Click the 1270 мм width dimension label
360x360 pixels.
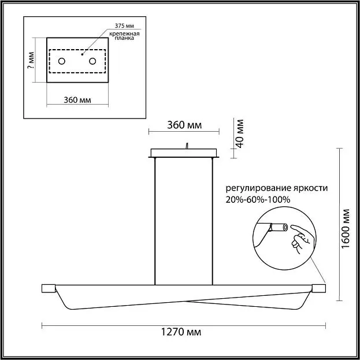pyautogui.click(x=181, y=332)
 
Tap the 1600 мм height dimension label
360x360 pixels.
pyautogui.click(x=346, y=228)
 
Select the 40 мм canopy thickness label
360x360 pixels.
pyautogui.click(x=240, y=133)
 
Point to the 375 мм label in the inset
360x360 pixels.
pyautogui.click(x=124, y=25)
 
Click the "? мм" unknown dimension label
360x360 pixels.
pyautogui.click(x=31, y=60)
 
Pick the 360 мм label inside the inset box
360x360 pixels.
pyautogui.click(x=77, y=100)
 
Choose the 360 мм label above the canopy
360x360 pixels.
pyautogui.click(x=184, y=125)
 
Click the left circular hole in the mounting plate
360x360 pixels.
pyautogui.click(x=61, y=61)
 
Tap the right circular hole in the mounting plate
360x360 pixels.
pyautogui.click(x=92, y=61)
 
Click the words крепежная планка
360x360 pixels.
pyautogui.click(x=124, y=36)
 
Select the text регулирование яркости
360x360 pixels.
pyautogui.click(x=277, y=188)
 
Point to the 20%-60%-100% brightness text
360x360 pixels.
pyautogui.click(x=258, y=199)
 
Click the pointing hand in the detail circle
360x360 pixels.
pyautogui.click(x=301, y=239)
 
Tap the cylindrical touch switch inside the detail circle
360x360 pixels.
pyautogui.click(x=279, y=228)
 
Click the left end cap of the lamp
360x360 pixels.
pyautogui.click(x=49, y=288)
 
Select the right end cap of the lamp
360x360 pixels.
pyautogui.click(x=318, y=288)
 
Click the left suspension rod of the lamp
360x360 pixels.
pyautogui.click(x=155, y=221)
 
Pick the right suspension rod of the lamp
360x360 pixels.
pyautogui.click(x=213, y=221)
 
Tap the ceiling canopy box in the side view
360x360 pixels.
pyautogui.click(x=184, y=153)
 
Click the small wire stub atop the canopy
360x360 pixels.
pyautogui.click(x=187, y=146)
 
